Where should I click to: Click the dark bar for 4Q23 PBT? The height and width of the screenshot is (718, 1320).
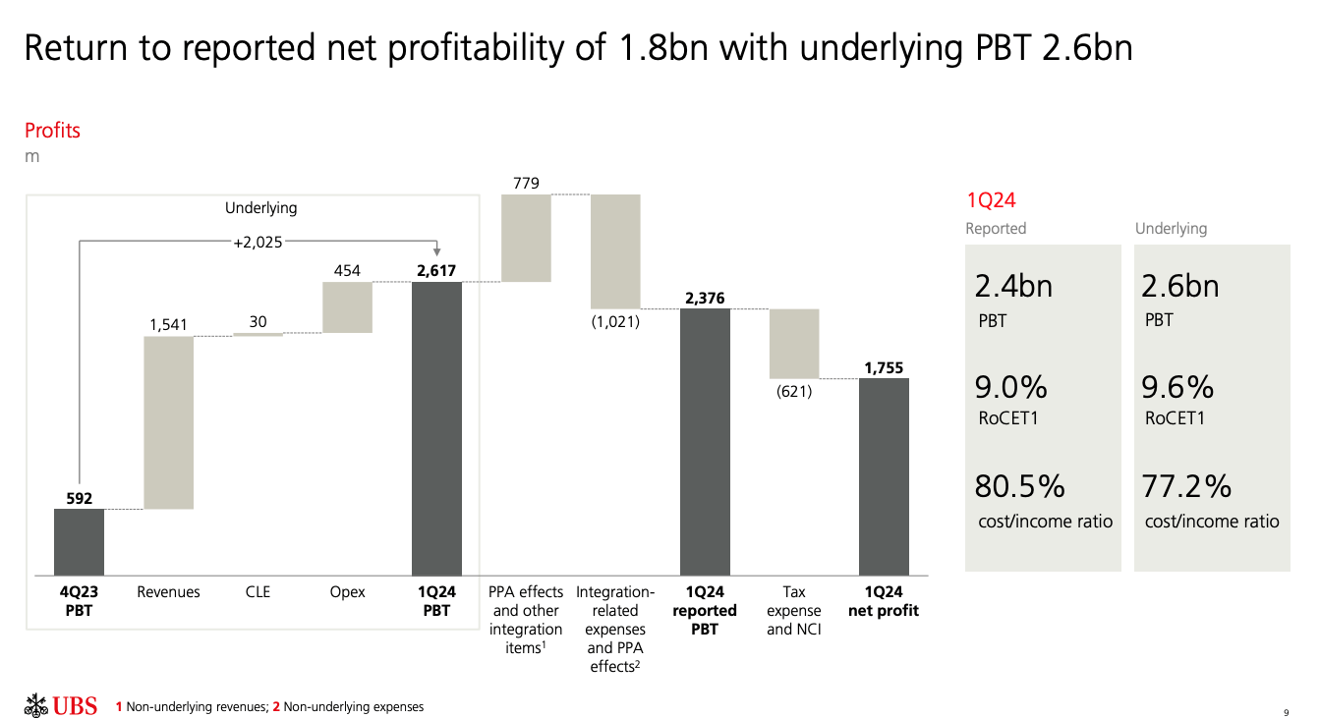coord(79,541)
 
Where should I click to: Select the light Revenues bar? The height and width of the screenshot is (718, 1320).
coord(168,422)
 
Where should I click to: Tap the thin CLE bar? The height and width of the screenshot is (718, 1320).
coord(258,335)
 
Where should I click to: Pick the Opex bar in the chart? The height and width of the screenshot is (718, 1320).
coord(347,307)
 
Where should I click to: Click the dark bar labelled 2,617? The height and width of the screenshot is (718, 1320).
coord(436,428)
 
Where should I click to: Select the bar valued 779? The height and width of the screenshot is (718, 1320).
coord(526,239)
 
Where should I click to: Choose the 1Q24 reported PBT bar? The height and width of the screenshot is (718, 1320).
coord(705,442)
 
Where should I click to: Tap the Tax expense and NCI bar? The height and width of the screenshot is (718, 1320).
coord(794,344)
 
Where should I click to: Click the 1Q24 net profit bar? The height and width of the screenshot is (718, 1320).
coord(884,476)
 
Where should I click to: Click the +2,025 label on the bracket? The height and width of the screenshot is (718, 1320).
coord(258,242)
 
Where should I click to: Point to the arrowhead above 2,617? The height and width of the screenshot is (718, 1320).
coord(436,252)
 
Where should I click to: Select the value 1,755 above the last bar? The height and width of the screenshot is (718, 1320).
coord(884,368)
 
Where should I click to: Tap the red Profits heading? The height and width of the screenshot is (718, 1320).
coord(52,131)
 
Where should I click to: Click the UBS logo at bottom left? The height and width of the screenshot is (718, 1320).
coord(61,705)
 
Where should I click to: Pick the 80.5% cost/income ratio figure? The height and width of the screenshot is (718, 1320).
coord(1019,486)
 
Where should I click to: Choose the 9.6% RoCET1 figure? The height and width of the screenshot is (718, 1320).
coord(1177,388)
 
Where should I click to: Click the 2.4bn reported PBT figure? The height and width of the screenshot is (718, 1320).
coord(1013,287)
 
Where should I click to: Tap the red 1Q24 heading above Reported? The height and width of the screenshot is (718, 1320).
coord(991,201)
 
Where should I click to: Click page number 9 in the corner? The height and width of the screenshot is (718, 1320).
coord(1286,711)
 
